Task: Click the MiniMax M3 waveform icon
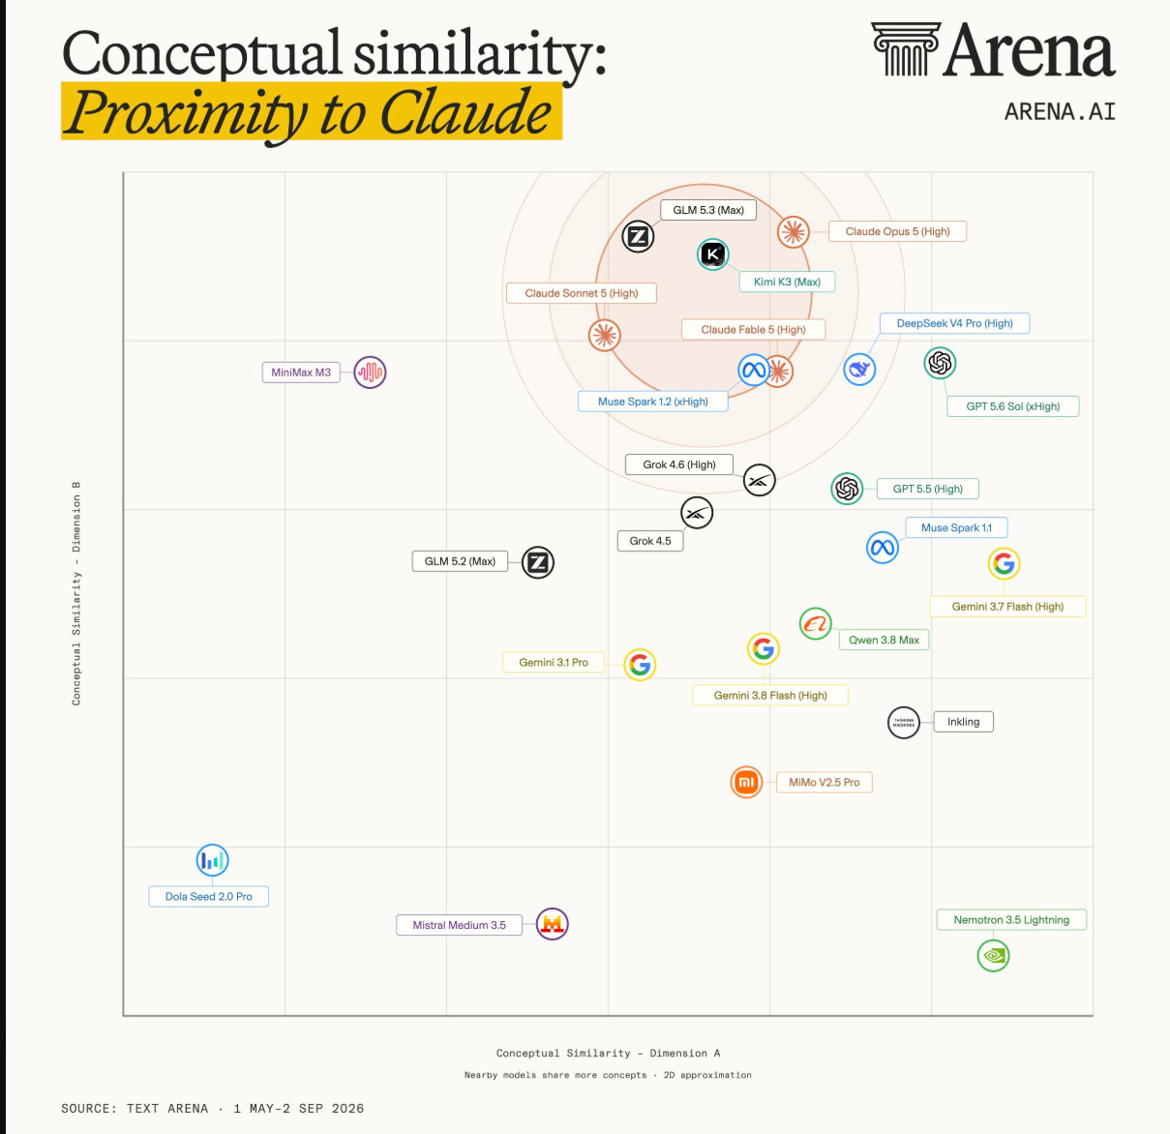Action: pyautogui.click(x=370, y=373)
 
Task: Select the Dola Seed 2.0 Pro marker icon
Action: pyautogui.click(x=212, y=860)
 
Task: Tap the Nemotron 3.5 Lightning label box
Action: pyautogui.click(x=1011, y=919)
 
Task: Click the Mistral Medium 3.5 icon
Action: pyautogui.click(x=552, y=924)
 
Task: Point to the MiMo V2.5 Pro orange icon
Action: pyautogui.click(x=746, y=782)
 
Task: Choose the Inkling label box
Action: pyautogui.click(x=963, y=722)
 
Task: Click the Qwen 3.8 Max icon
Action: pyautogui.click(x=815, y=623)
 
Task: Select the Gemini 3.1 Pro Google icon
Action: pyautogui.click(x=639, y=665)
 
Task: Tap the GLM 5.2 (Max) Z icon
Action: pyautogui.click(x=537, y=562)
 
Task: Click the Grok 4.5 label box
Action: pyautogui.click(x=650, y=541)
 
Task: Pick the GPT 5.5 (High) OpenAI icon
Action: pyautogui.click(x=847, y=489)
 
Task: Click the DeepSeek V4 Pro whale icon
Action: pyautogui.click(x=859, y=370)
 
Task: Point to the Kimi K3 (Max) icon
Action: pyautogui.click(x=712, y=254)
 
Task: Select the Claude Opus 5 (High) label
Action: pyautogui.click(x=897, y=231)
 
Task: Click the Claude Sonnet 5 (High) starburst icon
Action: pyautogui.click(x=604, y=335)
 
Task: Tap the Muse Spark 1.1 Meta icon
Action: pyautogui.click(x=882, y=547)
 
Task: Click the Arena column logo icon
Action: pyautogui.click(x=906, y=49)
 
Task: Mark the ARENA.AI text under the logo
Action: pyautogui.click(x=1060, y=112)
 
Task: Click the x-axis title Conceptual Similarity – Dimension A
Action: pyautogui.click(x=608, y=1053)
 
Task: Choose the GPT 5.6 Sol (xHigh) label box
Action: pyautogui.click(x=1012, y=406)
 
